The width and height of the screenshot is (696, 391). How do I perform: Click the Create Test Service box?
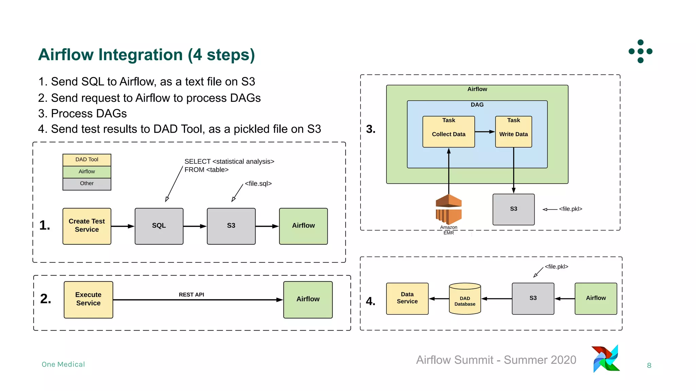click(87, 226)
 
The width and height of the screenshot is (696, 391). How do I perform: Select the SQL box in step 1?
click(159, 226)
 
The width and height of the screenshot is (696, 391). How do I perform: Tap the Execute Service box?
click(88, 299)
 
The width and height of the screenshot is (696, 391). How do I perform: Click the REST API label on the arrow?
click(191, 295)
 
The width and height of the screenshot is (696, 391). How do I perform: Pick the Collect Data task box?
click(448, 132)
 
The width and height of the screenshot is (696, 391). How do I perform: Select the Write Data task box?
click(513, 132)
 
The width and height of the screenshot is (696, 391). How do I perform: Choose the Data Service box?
click(407, 298)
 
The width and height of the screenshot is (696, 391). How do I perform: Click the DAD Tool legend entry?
click(87, 160)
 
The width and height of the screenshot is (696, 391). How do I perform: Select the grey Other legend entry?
click(87, 184)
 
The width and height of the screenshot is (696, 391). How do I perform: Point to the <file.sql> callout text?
click(258, 184)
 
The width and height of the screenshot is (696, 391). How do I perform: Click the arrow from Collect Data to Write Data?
click(485, 132)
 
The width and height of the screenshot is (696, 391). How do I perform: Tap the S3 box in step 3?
click(513, 209)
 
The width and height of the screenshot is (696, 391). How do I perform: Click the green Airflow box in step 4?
click(595, 298)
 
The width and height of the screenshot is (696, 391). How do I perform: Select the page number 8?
click(649, 366)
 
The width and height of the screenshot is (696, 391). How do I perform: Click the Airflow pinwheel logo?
click(606, 359)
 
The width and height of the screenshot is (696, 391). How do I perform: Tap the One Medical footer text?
click(63, 365)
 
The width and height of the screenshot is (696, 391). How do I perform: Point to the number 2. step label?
click(46, 299)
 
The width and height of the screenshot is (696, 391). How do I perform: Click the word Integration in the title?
click(141, 55)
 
